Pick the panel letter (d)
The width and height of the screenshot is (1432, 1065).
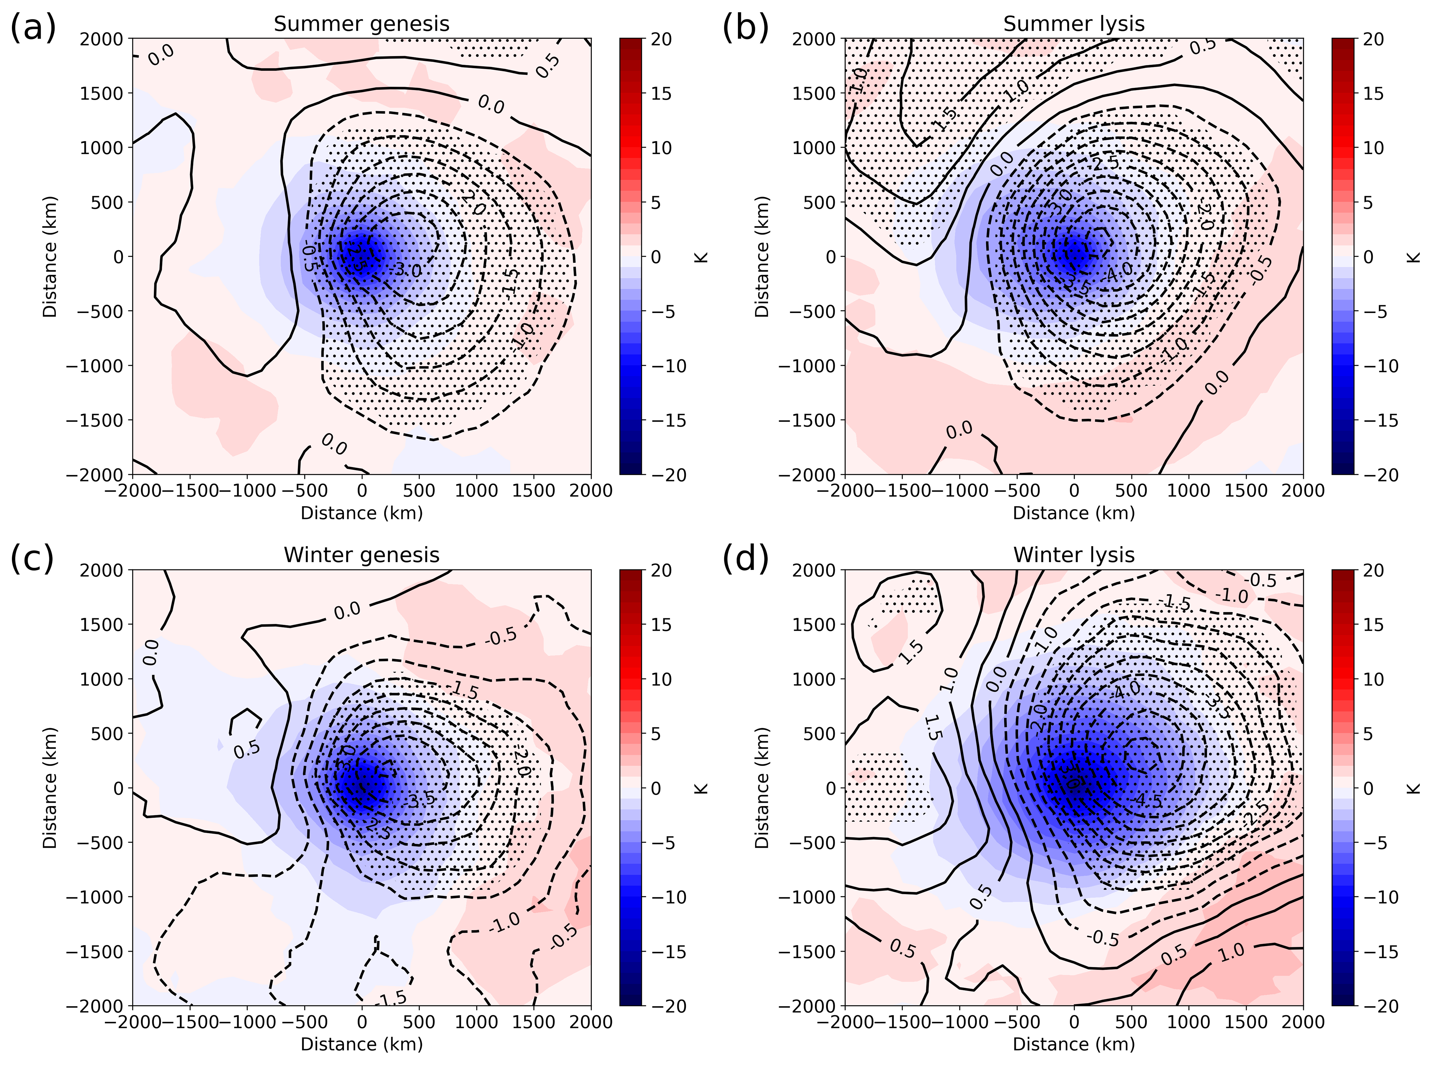coord(745,558)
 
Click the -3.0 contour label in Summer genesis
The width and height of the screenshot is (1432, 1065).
coord(408,269)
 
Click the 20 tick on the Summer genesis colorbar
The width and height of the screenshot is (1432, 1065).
coord(661,39)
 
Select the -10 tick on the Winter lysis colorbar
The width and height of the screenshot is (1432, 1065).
coord(1380,897)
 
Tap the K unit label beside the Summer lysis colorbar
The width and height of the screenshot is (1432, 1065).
coord(1413,257)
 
